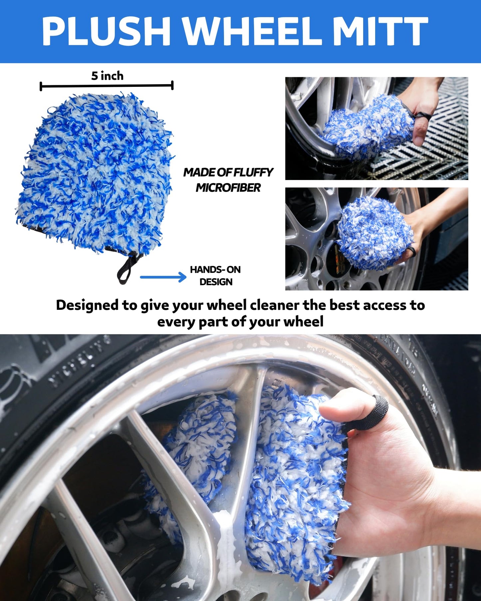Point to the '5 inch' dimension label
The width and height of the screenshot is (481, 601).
tap(107, 76)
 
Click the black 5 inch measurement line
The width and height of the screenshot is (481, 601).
tap(107, 86)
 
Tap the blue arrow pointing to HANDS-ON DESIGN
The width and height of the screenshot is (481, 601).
tap(163, 277)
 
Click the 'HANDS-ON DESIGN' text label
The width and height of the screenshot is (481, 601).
tap(215, 276)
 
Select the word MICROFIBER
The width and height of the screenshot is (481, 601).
tap(228, 188)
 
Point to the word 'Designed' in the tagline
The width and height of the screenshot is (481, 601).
tap(87, 305)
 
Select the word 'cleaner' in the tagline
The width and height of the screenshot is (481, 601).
tap(274, 305)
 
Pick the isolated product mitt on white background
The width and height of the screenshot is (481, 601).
tap(95, 173)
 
